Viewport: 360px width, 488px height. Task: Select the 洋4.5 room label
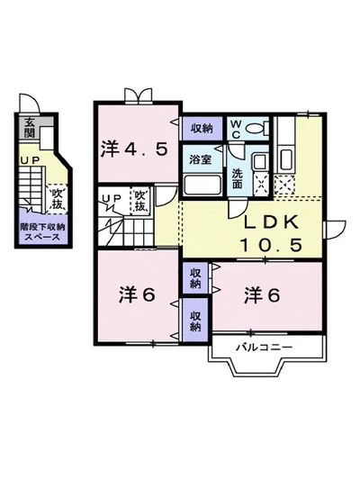pyautogui.click(x=134, y=149)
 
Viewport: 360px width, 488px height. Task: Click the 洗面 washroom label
pyautogui.click(x=237, y=176)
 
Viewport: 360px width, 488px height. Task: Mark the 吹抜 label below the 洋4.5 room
pyautogui.click(x=140, y=201)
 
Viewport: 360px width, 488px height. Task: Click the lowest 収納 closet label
pyautogui.click(x=195, y=321)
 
